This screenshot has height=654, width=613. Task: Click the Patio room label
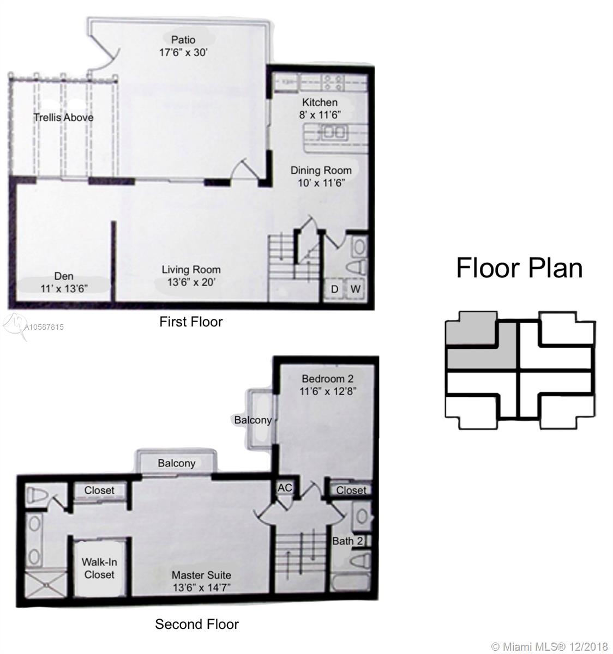pyautogui.click(x=183, y=40)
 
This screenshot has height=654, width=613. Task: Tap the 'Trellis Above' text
pyautogui.click(x=64, y=117)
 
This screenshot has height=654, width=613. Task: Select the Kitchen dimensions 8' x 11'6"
pyautogui.click(x=320, y=115)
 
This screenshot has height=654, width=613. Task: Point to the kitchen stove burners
pyautogui.click(x=333, y=82)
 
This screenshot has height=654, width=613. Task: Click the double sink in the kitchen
pyautogui.click(x=333, y=132)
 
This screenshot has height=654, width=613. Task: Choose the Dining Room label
pyautogui.click(x=321, y=170)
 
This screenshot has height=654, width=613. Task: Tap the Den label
pyautogui.click(x=64, y=276)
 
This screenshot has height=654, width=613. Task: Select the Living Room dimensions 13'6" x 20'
pyautogui.click(x=191, y=282)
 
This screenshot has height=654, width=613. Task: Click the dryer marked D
pyautogui.click(x=334, y=289)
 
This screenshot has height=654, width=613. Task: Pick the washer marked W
pyautogui.click(x=355, y=289)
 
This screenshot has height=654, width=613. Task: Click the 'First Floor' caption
pyautogui.click(x=191, y=322)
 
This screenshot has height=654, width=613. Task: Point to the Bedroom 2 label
pyautogui.click(x=327, y=378)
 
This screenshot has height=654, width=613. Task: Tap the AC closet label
pyautogui.click(x=285, y=488)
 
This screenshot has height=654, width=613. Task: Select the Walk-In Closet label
pyautogui.click(x=99, y=568)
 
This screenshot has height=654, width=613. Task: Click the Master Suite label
pyautogui.click(x=201, y=575)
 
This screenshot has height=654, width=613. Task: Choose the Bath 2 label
pyautogui.click(x=347, y=541)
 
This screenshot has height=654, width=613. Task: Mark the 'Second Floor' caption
pyautogui.click(x=197, y=624)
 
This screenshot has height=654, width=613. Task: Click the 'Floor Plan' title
pyautogui.click(x=519, y=268)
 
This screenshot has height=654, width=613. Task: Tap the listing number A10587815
pyautogui.click(x=44, y=327)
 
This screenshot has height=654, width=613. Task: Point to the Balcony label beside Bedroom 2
pyautogui.click(x=253, y=420)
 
